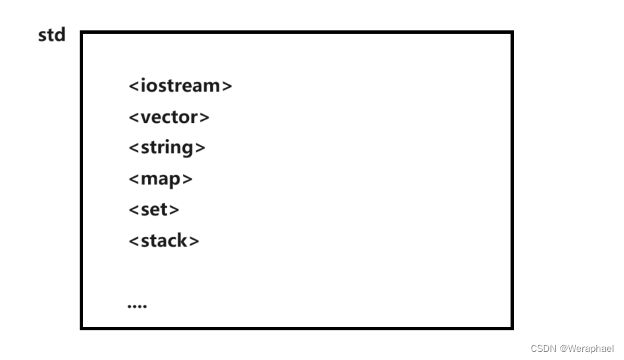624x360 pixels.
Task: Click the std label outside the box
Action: point(51,35)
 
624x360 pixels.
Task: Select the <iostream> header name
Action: point(180,86)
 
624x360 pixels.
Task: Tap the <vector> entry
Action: point(169,117)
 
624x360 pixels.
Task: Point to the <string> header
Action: point(167,148)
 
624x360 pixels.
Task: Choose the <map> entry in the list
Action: point(161,179)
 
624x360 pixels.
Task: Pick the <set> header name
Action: point(154,209)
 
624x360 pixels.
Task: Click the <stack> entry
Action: point(164,240)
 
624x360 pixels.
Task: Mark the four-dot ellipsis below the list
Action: point(137,306)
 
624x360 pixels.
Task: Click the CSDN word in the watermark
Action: point(543,349)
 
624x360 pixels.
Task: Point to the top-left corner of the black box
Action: point(82,32)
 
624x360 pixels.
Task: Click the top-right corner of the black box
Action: point(511,32)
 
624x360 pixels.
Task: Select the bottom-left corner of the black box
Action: point(82,328)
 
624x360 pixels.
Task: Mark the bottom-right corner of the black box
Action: point(511,328)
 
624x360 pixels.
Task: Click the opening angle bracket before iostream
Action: point(134,86)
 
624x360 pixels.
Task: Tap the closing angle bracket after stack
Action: point(194,241)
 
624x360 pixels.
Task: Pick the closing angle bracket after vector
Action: point(205,118)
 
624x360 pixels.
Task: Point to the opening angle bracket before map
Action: point(134,180)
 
